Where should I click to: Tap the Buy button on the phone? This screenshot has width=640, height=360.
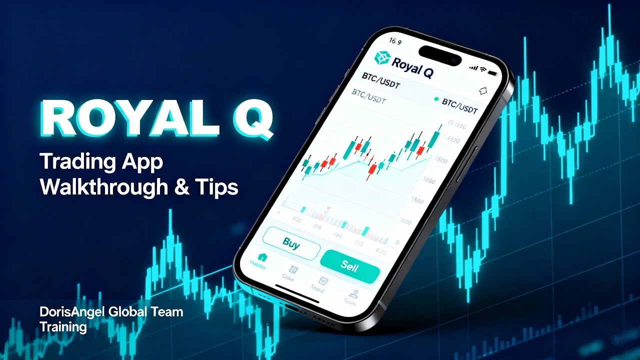click(x=291, y=243)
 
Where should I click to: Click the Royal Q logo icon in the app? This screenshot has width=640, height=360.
click(x=381, y=58)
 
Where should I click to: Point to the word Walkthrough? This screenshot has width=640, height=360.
click(x=104, y=186)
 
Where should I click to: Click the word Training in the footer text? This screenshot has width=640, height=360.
click(x=63, y=327)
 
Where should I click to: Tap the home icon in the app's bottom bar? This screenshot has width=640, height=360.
click(x=262, y=257)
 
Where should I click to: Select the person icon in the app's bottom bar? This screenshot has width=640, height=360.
click(x=354, y=294)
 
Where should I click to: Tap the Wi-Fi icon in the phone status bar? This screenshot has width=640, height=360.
click(x=482, y=67)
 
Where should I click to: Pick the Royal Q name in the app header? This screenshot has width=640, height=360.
click(x=412, y=65)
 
